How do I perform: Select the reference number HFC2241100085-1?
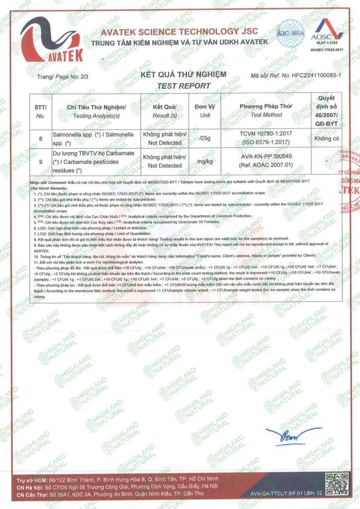[x=316, y=75]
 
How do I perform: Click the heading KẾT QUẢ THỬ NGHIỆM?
[x=183, y=75]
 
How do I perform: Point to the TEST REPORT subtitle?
[x=183, y=85]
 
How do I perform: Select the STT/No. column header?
[x=41, y=111]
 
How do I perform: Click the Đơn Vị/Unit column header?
[x=204, y=111]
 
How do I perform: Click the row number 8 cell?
[x=41, y=139]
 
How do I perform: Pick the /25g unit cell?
[x=204, y=139]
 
